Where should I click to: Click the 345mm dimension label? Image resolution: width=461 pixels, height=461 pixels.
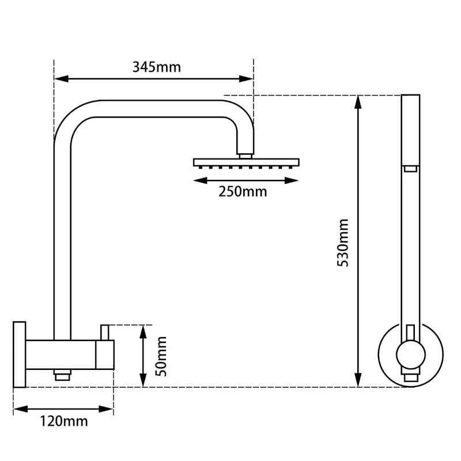click(156, 66)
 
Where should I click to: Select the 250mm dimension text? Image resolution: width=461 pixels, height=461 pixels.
click(243, 192)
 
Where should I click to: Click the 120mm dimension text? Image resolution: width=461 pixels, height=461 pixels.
click(65, 421)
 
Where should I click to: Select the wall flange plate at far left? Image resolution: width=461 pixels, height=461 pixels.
click(19, 354)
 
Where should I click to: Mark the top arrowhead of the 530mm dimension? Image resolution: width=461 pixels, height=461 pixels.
click(358, 101)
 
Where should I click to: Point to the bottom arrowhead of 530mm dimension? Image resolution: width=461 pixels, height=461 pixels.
click(358, 380)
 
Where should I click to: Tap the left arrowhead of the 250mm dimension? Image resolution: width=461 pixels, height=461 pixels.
click(197, 180)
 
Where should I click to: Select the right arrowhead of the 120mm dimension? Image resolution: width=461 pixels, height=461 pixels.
click(109, 409)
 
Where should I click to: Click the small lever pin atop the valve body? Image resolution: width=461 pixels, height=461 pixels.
click(105, 332)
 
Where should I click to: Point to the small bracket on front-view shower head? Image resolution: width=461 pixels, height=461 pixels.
click(410, 168)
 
